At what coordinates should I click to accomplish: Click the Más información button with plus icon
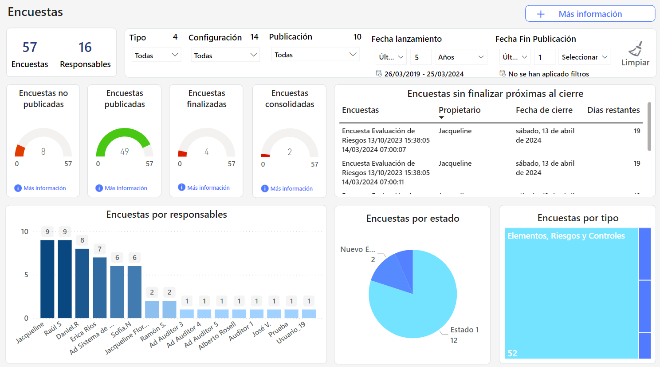[590, 14]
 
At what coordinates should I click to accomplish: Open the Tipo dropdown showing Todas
[156, 55]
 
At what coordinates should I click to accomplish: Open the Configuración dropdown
[225, 55]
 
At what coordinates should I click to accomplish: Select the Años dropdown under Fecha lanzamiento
[460, 57]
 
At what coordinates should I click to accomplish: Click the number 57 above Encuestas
[30, 47]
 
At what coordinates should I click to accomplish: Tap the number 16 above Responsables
[85, 47]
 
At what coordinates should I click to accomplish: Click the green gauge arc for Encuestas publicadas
[125, 133]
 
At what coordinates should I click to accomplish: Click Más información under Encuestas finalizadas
[208, 187]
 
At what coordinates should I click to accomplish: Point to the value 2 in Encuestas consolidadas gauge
[290, 152]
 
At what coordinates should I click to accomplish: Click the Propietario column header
[460, 110]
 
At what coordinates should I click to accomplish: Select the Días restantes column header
[613, 110]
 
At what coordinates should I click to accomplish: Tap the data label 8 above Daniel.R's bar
[82, 240]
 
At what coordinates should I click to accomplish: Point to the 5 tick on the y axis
[26, 275]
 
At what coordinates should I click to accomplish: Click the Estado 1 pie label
[464, 330]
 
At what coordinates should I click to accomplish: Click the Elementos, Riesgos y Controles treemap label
[566, 236]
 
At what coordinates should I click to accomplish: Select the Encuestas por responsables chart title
[166, 215]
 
